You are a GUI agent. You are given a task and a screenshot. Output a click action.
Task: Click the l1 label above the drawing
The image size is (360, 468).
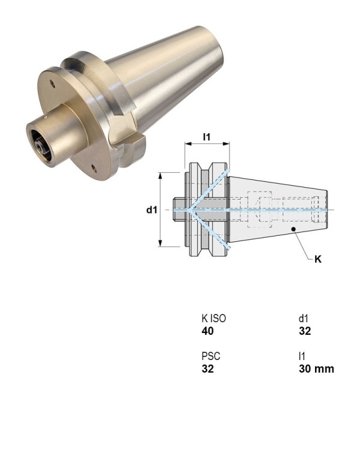click(x=206, y=137)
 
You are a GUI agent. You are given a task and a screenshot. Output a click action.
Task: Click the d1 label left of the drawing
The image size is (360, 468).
click(x=152, y=210)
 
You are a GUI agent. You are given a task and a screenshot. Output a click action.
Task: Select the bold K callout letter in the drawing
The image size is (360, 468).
click(x=318, y=260)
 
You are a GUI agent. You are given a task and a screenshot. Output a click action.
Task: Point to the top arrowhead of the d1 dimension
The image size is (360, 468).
click(x=161, y=175)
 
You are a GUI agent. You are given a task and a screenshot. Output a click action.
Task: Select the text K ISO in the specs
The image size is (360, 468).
click(x=214, y=319)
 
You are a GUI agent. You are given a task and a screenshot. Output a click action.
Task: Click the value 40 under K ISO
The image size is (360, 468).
click(x=208, y=331)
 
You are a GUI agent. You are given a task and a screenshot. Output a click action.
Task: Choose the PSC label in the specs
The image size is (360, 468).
click(x=209, y=356)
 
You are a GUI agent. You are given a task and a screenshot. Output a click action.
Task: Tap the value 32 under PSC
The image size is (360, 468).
click(x=208, y=368)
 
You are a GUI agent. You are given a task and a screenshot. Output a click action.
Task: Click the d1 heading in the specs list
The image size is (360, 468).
click(x=304, y=319)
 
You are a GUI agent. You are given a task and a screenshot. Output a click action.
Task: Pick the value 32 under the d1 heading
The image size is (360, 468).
click(x=305, y=331)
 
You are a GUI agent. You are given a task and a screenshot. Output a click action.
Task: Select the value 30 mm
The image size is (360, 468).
click(x=316, y=368)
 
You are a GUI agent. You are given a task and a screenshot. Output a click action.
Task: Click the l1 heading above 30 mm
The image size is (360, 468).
click(x=302, y=356)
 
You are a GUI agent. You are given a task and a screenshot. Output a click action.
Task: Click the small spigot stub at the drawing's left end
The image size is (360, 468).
click(x=179, y=209)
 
